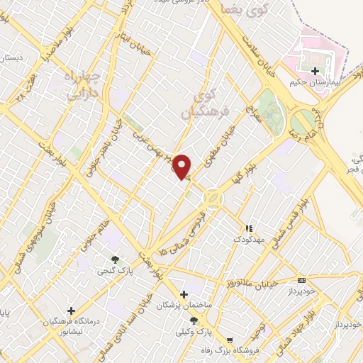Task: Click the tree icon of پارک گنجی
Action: [114, 259]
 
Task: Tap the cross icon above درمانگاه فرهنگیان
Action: [71, 311]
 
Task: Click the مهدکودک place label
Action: [249, 240]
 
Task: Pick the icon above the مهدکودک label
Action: [248, 229]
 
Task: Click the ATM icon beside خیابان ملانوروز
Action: [302, 281]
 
